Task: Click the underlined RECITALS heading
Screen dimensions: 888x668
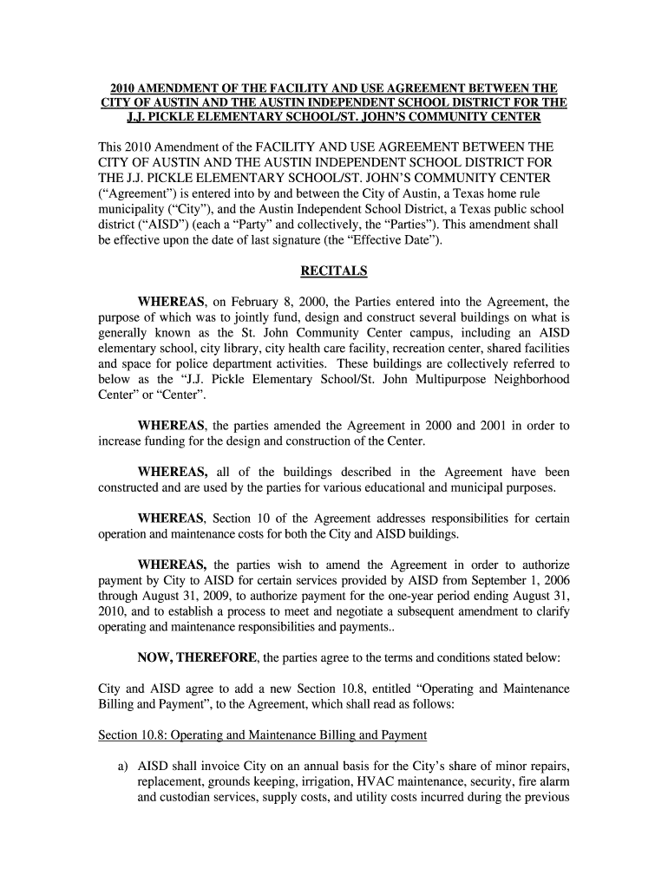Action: [x=333, y=271]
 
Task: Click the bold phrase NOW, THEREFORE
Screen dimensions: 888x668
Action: [x=193, y=657]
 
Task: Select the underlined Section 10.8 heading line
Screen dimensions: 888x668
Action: [x=262, y=735]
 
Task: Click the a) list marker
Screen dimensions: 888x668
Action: [x=121, y=767]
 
